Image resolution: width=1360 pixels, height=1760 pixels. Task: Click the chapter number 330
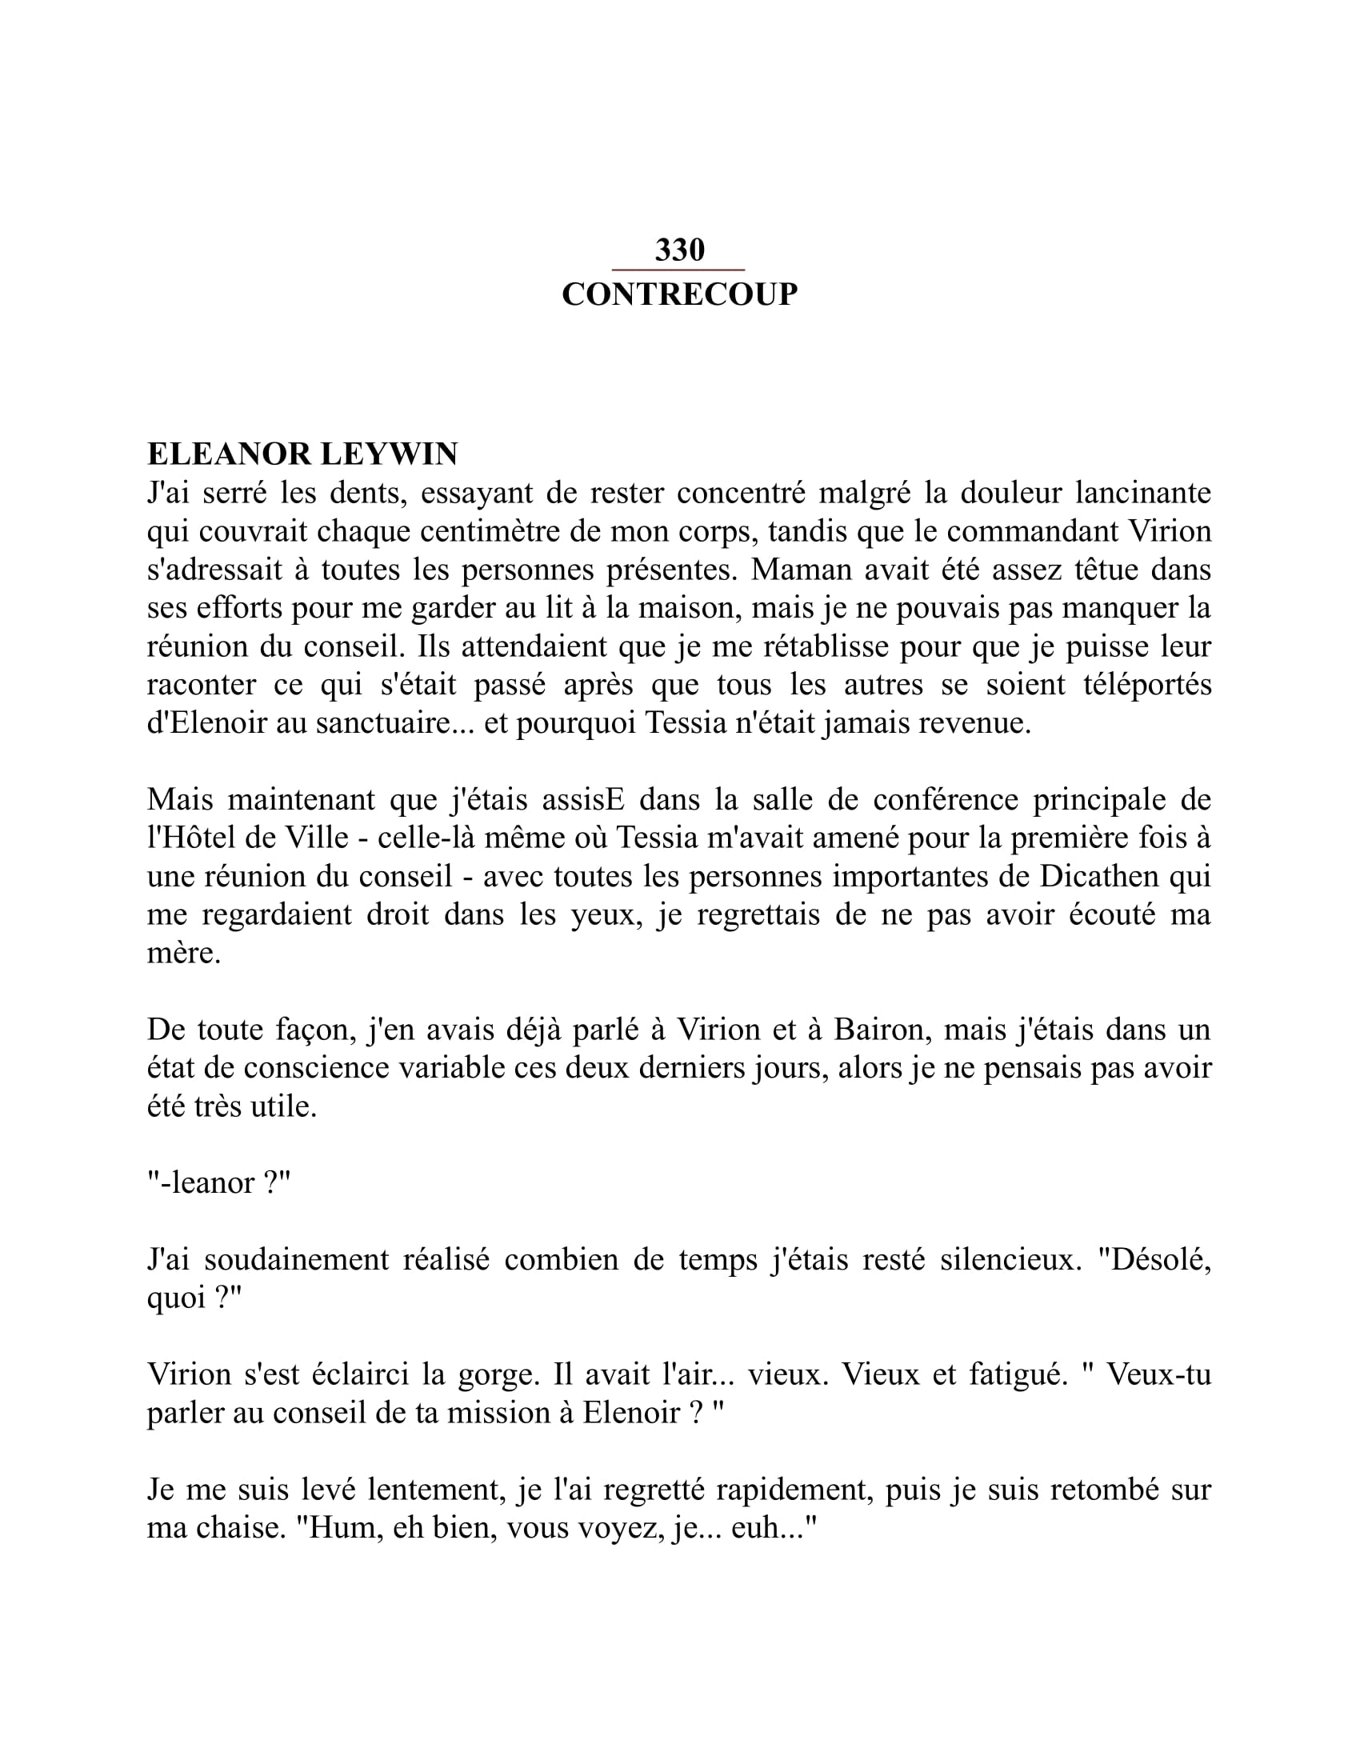point(679,250)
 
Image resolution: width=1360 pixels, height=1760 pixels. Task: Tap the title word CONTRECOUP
point(679,294)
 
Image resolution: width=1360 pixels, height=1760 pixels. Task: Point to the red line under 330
point(678,270)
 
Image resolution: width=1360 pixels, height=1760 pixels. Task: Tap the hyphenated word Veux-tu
point(1158,1374)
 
